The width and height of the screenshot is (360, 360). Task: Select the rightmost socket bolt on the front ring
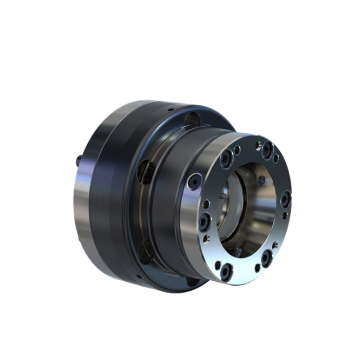pyautogui.click(x=286, y=198)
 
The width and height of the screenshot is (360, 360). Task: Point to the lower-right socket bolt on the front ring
pyautogui.click(x=266, y=257)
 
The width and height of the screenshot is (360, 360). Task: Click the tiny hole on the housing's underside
pyautogui.click(x=139, y=275)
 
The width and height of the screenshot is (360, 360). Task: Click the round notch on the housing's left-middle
pyautogui.click(x=146, y=171)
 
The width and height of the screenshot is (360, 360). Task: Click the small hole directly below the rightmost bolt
pyautogui.click(x=284, y=216)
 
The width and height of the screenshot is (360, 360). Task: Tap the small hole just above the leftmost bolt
pyautogui.click(x=206, y=205)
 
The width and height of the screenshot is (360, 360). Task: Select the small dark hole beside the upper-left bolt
pyautogui.click(x=237, y=149)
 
